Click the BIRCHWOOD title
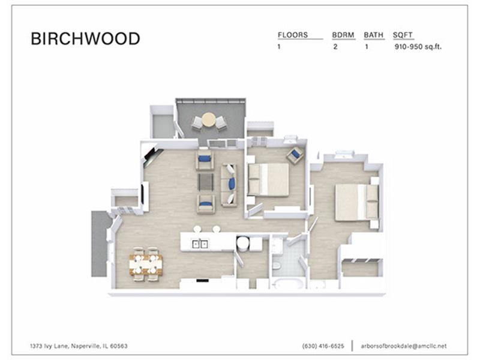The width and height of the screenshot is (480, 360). coord(85,39)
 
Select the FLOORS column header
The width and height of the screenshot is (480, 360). coord(293,35)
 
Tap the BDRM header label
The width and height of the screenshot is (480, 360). coord(343,35)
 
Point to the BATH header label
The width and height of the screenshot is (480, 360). coord(373,35)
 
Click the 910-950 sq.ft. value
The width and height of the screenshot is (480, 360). coord(418,47)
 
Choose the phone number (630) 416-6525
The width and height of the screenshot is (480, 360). coord(323,346)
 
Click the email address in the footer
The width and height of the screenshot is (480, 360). coord(403,346)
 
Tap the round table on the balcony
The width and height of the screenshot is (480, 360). coord(209,119)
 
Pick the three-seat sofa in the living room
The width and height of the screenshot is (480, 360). coord(229,185)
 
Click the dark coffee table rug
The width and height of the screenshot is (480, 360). coord(205,182)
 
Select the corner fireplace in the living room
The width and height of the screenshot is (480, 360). coord(151,156)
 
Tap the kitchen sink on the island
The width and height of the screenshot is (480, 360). coord(200,244)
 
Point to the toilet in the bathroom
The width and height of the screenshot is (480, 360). coord(277,266)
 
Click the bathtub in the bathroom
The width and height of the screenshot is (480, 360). coord(287,284)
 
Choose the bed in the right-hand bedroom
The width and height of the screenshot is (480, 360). coord(356,202)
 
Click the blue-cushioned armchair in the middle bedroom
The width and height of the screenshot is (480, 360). coord(295,155)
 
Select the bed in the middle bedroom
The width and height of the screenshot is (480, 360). coord(268,179)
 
